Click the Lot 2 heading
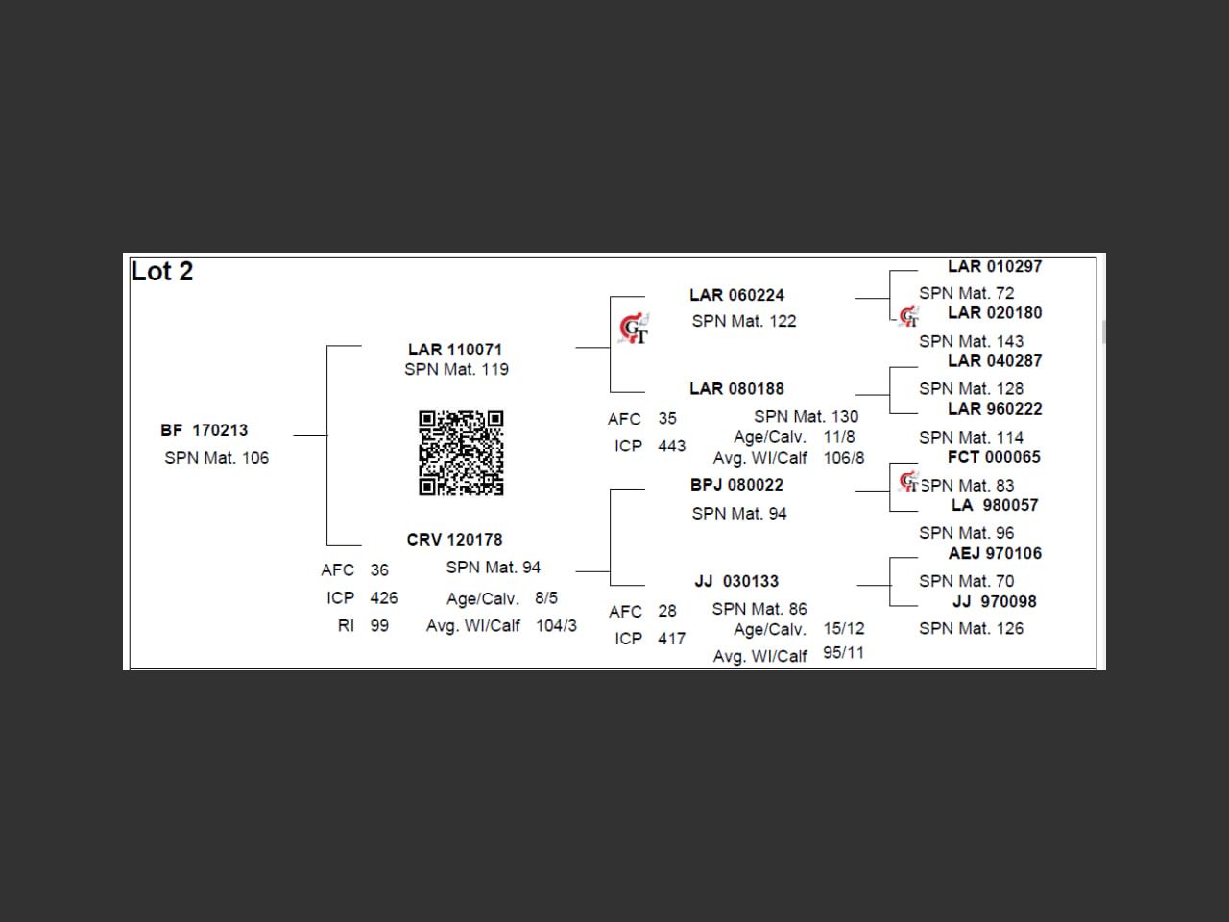pyautogui.click(x=162, y=272)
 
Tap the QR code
pyautogui.click(x=461, y=452)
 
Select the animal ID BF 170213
pyautogui.click(x=205, y=430)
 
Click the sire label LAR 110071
pyautogui.click(x=455, y=350)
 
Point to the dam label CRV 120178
pyautogui.click(x=454, y=540)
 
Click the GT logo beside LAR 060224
pyautogui.click(x=633, y=328)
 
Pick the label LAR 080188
pyautogui.click(x=736, y=389)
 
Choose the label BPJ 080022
pyautogui.click(x=736, y=485)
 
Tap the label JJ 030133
pyautogui.click(x=736, y=581)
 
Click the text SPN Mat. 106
pyautogui.click(x=216, y=458)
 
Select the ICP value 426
pyautogui.click(x=383, y=597)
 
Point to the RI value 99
pyautogui.click(x=379, y=625)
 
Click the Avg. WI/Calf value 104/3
pyautogui.click(x=556, y=625)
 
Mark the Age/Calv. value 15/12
pyautogui.click(x=843, y=628)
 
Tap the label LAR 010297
pyautogui.click(x=994, y=266)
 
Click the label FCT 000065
pyautogui.click(x=994, y=457)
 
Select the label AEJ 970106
pyautogui.click(x=995, y=553)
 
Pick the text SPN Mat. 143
pyautogui.click(x=971, y=341)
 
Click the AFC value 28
pyautogui.click(x=667, y=611)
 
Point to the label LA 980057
pyautogui.click(x=995, y=505)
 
